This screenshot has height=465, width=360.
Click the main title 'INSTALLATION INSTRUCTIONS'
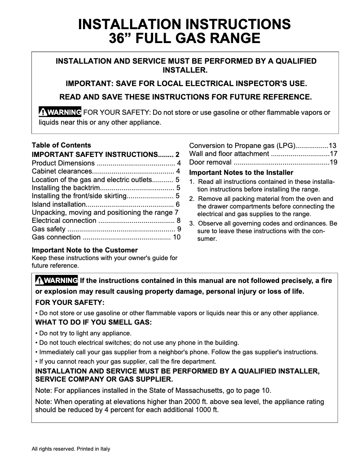coord(184,24)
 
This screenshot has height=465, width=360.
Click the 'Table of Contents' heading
coord(61,145)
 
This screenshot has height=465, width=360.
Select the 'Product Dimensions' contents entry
coord(63,163)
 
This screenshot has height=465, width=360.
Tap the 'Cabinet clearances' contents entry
coord(61,171)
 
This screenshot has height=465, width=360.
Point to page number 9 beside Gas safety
coord(178,229)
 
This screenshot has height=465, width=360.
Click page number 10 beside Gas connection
coord(176,237)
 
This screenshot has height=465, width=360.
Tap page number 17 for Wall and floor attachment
coord(333,154)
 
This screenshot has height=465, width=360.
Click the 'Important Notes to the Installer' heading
coord(241,173)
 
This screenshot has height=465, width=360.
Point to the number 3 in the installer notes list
coord(191,223)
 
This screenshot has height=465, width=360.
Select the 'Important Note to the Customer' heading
coord(85,250)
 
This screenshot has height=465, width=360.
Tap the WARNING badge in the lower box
coord(57,281)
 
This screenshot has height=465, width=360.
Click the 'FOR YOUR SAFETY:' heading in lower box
coord(70,303)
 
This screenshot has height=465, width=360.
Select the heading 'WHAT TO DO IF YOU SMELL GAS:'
coord(93,322)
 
